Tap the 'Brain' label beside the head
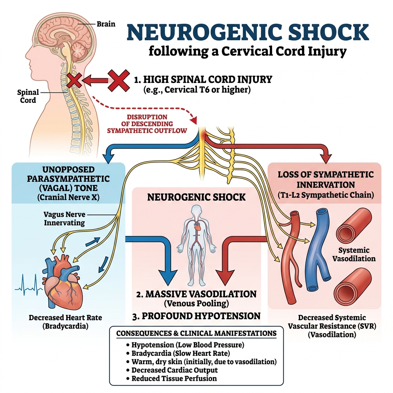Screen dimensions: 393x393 point(106,24)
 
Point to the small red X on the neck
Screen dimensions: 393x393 point(74,80)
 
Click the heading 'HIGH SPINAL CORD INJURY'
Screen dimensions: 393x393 point(203,80)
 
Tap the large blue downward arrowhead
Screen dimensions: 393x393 point(165,276)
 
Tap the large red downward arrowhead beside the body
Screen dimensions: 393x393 point(225,276)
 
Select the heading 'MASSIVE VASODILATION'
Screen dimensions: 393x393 point(196,294)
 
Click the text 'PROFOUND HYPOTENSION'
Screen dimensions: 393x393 point(196,316)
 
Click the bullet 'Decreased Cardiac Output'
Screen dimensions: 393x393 point(175,370)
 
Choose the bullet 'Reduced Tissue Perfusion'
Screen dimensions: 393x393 point(174,378)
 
